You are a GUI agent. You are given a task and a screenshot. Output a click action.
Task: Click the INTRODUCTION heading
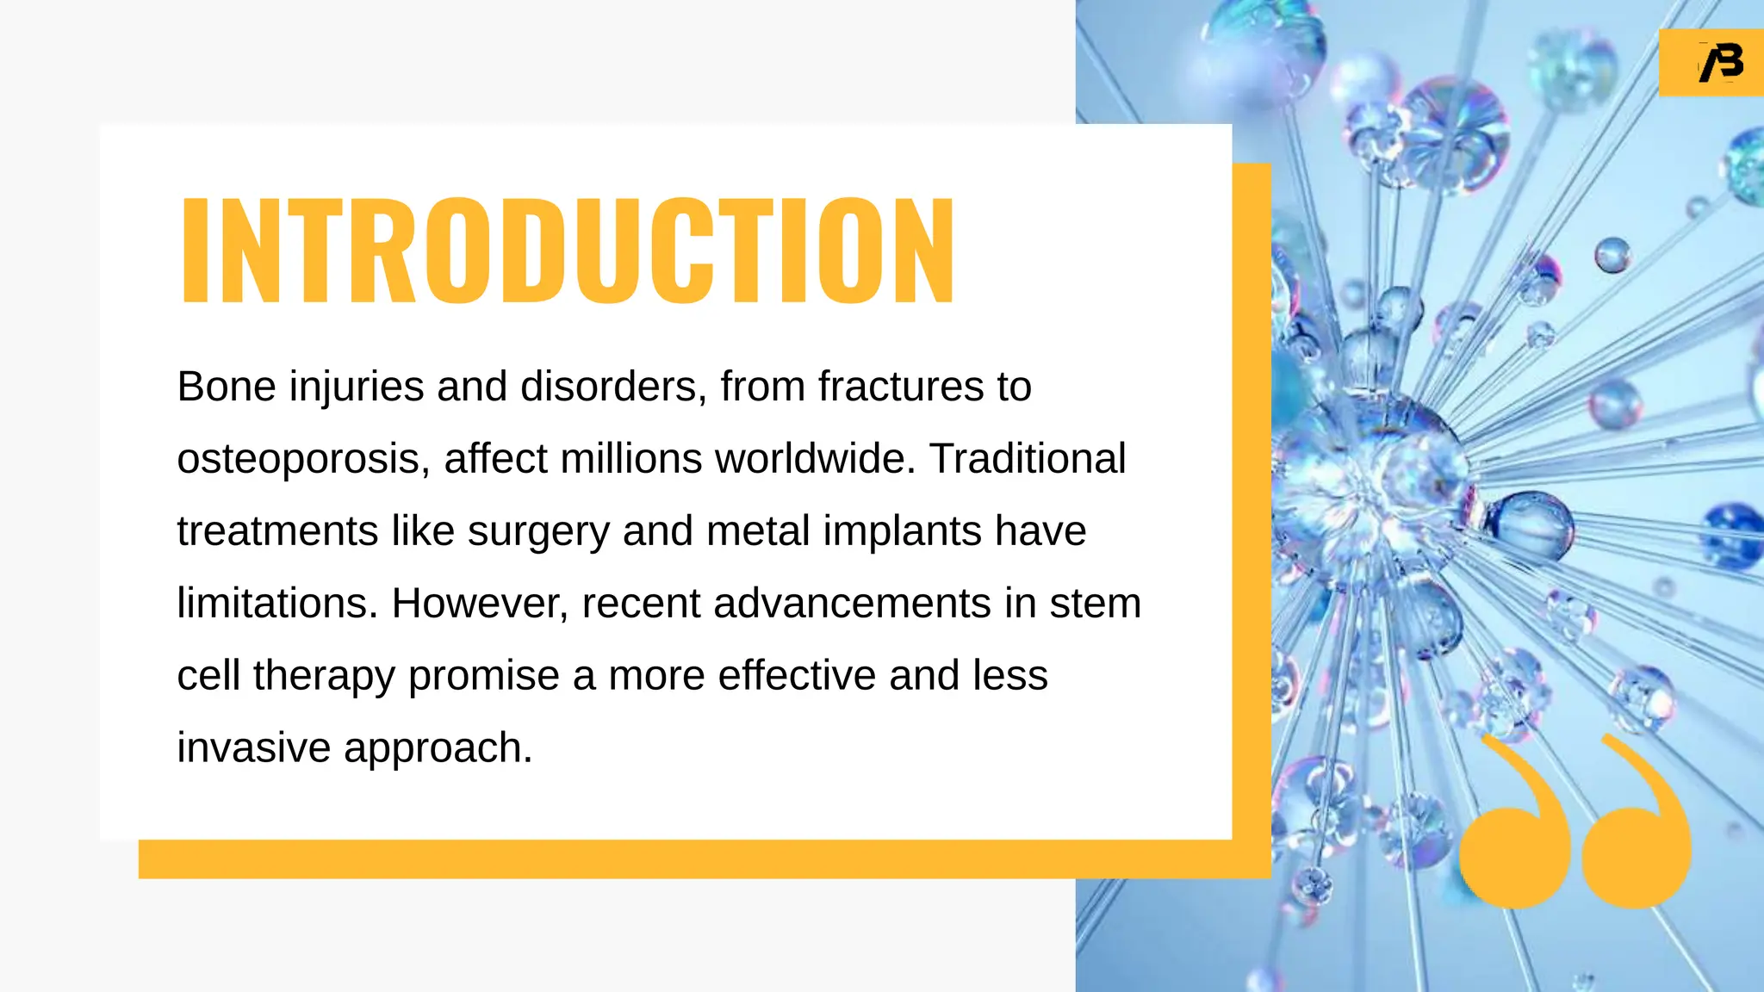tap(567, 250)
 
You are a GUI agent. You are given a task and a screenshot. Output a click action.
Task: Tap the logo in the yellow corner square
tap(1720, 63)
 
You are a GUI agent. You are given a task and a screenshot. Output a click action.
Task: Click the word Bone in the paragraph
tap(227, 387)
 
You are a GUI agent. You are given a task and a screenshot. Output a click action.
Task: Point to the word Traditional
tap(1027, 459)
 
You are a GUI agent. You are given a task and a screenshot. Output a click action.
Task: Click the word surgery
tap(538, 532)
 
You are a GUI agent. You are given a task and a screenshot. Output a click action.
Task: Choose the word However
tap(480, 604)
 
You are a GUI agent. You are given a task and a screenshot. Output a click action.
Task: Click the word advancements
tap(852, 604)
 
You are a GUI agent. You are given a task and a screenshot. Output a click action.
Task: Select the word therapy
tap(324, 677)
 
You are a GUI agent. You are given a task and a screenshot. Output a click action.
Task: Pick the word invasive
tap(253, 747)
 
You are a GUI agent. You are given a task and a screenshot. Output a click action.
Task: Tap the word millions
tap(630, 459)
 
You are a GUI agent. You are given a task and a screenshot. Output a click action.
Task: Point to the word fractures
tap(900, 387)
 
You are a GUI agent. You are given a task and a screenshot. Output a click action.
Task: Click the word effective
tap(797, 676)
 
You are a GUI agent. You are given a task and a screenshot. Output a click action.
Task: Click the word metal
tap(757, 531)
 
